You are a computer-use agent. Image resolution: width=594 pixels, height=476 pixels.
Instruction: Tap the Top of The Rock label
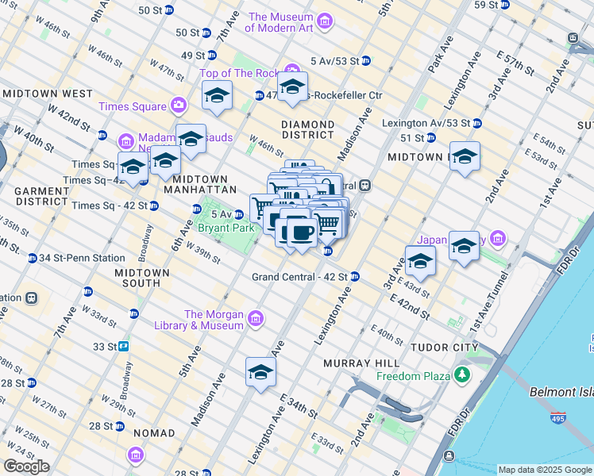click(x=236, y=74)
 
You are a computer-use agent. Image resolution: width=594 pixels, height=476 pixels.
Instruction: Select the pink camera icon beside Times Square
click(x=179, y=106)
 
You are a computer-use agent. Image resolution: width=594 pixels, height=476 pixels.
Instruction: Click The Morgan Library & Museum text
click(x=214, y=320)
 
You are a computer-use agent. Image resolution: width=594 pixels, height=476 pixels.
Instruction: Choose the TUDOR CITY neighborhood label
click(x=444, y=347)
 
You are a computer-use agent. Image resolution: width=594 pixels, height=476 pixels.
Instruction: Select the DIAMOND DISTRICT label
click(x=307, y=130)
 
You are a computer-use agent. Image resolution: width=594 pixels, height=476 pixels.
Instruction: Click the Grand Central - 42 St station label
click(x=300, y=277)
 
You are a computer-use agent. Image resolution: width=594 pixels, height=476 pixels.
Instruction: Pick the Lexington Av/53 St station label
click(x=426, y=123)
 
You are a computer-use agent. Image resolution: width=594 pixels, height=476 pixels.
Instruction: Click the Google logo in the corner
click(x=26, y=466)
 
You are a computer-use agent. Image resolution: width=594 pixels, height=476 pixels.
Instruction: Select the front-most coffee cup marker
click(x=300, y=232)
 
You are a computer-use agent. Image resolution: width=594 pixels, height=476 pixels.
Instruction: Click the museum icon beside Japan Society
click(x=498, y=237)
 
